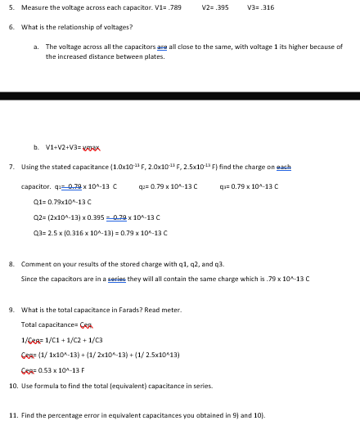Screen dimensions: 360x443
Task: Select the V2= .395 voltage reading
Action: click(216, 7)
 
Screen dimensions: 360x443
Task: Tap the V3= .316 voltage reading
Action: click(261, 7)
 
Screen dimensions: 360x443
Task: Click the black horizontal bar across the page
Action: click(180, 96)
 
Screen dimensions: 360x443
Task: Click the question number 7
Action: click(11, 166)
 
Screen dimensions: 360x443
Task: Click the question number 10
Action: click(13, 386)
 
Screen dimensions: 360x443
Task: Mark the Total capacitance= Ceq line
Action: click(56, 325)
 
